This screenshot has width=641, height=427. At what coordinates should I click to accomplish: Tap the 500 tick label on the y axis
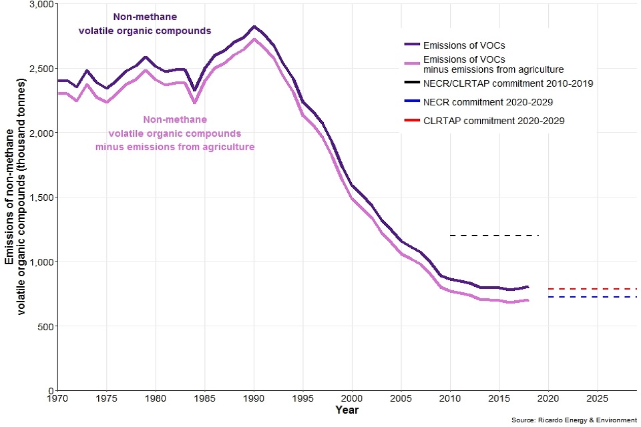45,326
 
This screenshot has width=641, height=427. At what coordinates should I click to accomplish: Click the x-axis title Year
347,410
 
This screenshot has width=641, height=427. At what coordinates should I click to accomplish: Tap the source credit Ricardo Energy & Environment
574,420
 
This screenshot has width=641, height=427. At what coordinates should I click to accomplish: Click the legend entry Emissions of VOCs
463,45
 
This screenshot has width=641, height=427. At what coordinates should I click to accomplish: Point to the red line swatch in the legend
412,121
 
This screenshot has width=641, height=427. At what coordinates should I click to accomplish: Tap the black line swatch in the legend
412,83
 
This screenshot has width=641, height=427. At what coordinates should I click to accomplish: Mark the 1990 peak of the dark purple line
254,27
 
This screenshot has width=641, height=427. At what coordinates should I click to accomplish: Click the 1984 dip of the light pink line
195,102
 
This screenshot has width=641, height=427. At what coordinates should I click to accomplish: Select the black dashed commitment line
494,236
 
